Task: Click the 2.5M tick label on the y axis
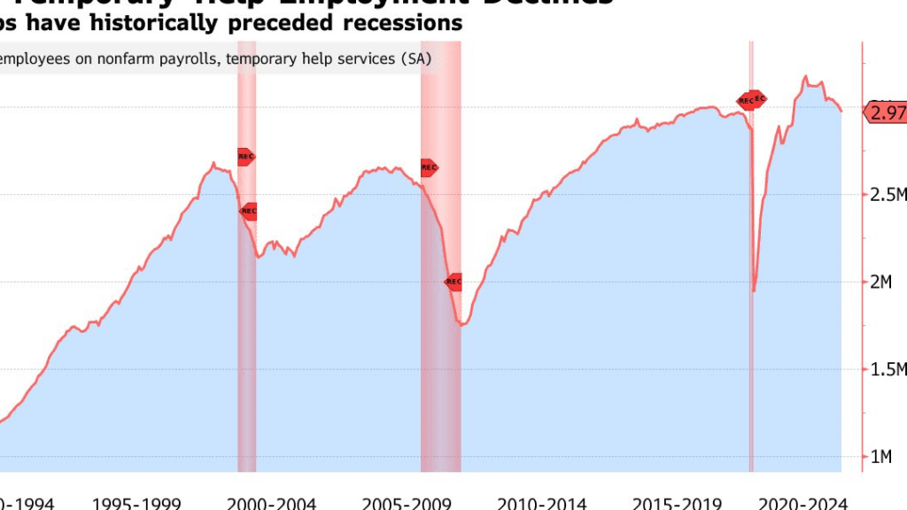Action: [x=888, y=195]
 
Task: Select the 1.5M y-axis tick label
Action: [x=888, y=369]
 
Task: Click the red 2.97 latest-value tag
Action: [x=886, y=112]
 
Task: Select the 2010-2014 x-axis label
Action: [x=542, y=503]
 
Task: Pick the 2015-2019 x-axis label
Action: [x=677, y=503]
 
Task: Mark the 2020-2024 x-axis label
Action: [x=811, y=503]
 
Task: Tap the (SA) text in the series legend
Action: [x=412, y=60]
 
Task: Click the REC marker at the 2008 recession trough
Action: [x=453, y=282]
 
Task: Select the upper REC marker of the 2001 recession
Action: [x=246, y=157]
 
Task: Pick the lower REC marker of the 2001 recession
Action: [x=249, y=211]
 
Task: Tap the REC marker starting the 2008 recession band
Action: [x=429, y=166]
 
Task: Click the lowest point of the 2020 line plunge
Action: [x=754, y=290]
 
